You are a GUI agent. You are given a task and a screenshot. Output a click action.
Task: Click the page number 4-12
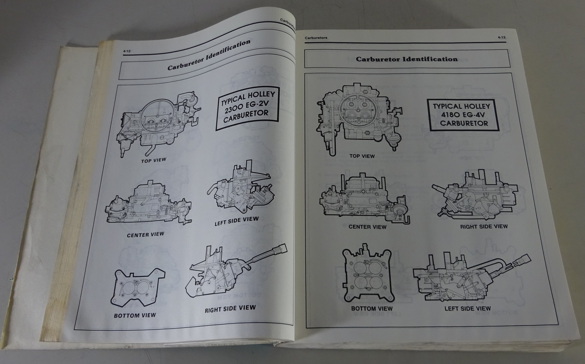[127, 51]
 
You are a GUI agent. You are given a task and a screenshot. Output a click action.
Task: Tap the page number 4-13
[501, 37]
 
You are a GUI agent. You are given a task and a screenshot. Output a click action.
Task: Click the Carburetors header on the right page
[316, 38]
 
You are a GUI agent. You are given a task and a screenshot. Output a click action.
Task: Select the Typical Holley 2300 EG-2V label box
[247, 108]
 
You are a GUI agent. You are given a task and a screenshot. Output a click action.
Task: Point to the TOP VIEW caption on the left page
[154, 160]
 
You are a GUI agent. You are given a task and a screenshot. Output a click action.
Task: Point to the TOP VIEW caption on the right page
[362, 156]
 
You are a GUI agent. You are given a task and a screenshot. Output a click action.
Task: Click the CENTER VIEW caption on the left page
[146, 235]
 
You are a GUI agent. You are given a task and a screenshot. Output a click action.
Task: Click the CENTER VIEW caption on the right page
[367, 227]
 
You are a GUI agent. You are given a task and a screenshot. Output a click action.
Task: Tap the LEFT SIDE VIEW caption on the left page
[237, 221]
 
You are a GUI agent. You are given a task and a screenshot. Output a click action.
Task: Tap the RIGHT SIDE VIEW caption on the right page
[484, 226]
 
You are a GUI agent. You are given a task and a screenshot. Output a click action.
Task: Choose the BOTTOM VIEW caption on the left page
[135, 315]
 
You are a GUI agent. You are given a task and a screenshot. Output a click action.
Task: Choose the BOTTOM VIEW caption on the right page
[371, 308]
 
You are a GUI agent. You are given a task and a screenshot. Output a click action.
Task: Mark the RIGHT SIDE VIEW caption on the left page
[230, 309]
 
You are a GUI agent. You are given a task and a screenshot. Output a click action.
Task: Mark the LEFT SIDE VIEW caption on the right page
[467, 308]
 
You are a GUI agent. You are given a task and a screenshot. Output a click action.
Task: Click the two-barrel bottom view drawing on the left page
[137, 287]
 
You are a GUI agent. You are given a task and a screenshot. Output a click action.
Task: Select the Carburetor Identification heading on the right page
[407, 59]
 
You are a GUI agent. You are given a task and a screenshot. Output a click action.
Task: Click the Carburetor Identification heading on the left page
[209, 55]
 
